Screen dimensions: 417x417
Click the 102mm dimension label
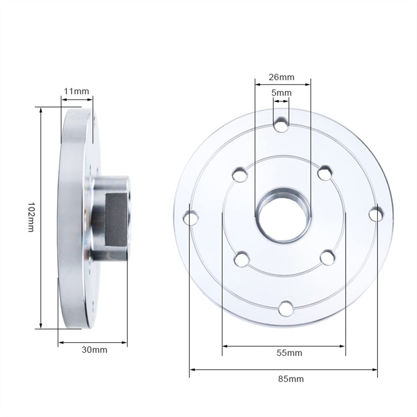click(31, 217)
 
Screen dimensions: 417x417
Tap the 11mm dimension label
click(76, 91)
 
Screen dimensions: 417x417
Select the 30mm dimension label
click(94, 350)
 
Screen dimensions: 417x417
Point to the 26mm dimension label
click(281, 77)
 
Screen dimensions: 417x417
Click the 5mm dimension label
click(281, 93)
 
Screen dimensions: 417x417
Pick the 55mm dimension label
click(289, 353)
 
